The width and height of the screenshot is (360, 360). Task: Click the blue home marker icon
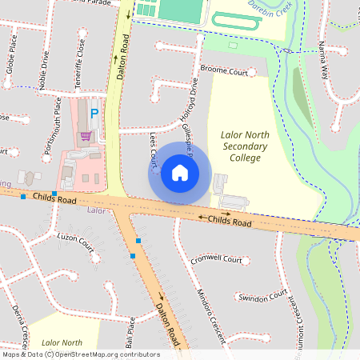click(x=180, y=172)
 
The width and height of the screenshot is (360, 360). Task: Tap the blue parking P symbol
click(x=94, y=114)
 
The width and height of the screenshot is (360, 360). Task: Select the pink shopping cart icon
click(x=86, y=136)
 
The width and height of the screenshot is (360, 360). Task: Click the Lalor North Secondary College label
click(x=241, y=147)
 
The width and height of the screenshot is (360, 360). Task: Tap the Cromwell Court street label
click(x=217, y=260)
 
